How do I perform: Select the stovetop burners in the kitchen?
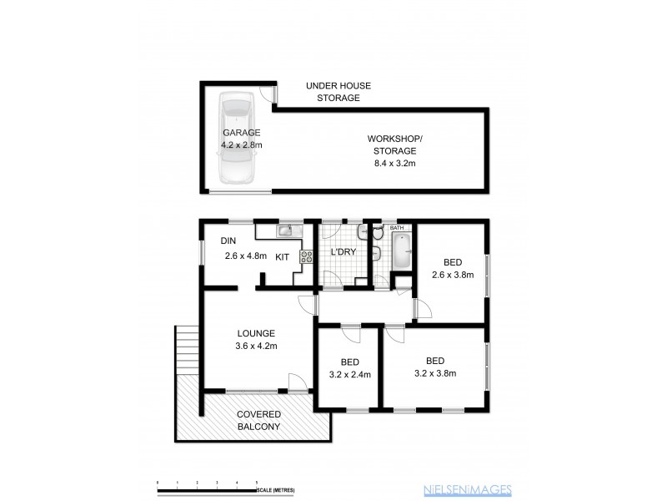pyautogui.click(x=306, y=256)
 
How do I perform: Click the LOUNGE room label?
pyautogui.click(x=255, y=333)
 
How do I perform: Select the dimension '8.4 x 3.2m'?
pyautogui.click(x=394, y=164)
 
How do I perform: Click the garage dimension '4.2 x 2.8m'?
pyautogui.click(x=241, y=144)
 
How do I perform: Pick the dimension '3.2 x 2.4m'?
pyautogui.click(x=349, y=374)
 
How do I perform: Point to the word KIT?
pyautogui.click(x=282, y=256)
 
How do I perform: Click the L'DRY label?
pyautogui.click(x=344, y=252)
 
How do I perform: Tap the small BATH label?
pyautogui.click(x=396, y=227)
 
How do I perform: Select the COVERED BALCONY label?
pyautogui.click(x=258, y=420)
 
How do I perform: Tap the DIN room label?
pyautogui.click(x=228, y=241)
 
